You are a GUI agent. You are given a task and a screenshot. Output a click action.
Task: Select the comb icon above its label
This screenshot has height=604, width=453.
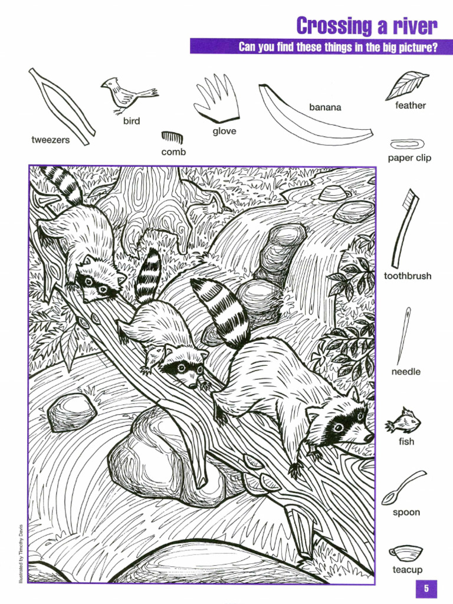[x=172, y=138]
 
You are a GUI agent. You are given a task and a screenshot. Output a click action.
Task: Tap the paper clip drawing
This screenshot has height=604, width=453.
[x=403, y=143]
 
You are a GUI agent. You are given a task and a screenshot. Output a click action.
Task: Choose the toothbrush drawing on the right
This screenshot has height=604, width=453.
[x=405, y=228]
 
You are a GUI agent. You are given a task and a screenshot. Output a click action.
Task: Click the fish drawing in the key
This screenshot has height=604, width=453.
[x=403, y=422]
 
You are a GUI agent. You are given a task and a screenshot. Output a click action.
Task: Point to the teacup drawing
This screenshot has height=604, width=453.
[x=406, y=553]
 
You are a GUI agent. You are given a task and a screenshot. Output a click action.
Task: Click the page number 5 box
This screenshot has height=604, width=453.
[x=426, y=589]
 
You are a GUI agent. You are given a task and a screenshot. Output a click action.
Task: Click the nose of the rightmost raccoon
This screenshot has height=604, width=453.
[x=368, y=438]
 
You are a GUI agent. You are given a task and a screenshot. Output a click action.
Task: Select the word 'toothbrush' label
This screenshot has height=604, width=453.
[x=408, y=276]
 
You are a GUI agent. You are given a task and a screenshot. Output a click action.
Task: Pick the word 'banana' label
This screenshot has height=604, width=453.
[x=325, y=107]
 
